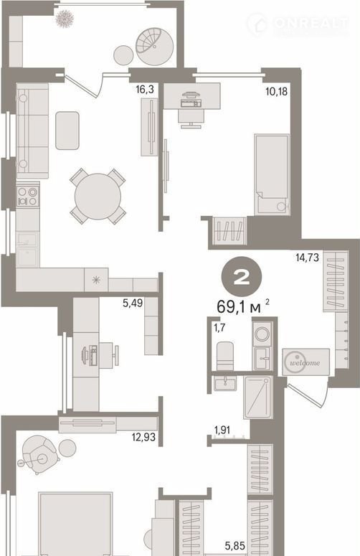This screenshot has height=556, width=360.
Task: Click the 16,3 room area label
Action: pyautogui.click(x=145, y=90)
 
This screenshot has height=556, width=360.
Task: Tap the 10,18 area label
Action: pyautogui.click(x=276, y=92)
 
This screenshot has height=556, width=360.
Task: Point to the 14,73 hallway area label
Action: pyautogui.click(x=307, y=257)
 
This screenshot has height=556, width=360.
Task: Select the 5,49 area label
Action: pyautogui.click(x=132, y=303)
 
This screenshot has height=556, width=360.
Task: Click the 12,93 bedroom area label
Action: pyautogui.click(x=143, y=437)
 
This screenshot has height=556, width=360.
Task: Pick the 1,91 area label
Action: pyautogui.click(x=222, y=430)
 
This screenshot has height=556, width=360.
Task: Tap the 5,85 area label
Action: pyautogui.click(x=235, y=546)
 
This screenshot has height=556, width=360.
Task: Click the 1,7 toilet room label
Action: pyautogui.click(x=219, y=328)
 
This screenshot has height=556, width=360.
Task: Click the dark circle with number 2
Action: pyautogui.click(x=242, y=277)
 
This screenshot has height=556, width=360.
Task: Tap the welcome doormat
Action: pyautogui.click(x=305, y=362)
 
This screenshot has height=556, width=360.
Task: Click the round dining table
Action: pyautogui.click(x=98, y=197)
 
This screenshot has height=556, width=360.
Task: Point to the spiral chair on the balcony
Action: pyautogui.click(x=154, y=47)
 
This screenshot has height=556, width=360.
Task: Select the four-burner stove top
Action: pyautogui.click(x=28, y=197)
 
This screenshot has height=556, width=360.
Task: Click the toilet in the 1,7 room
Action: pyautogui.click(x=225, y=356)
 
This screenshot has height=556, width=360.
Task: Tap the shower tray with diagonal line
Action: pyautogui.click(x=257, y=397)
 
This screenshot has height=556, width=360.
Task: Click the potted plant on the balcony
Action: pyautogui.click(x=65, y=18)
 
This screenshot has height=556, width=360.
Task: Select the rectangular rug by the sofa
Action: pyautogui.click(x=67, y=131)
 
